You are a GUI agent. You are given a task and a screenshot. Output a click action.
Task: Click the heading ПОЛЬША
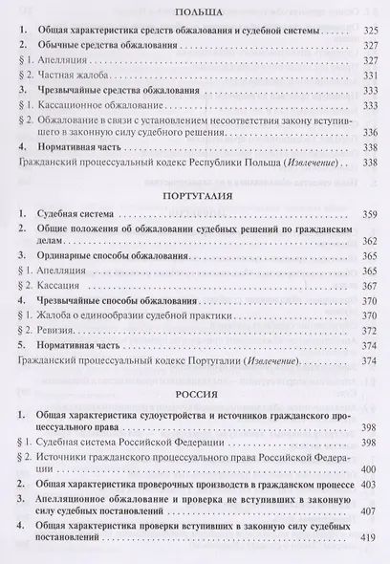coord(195,11)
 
